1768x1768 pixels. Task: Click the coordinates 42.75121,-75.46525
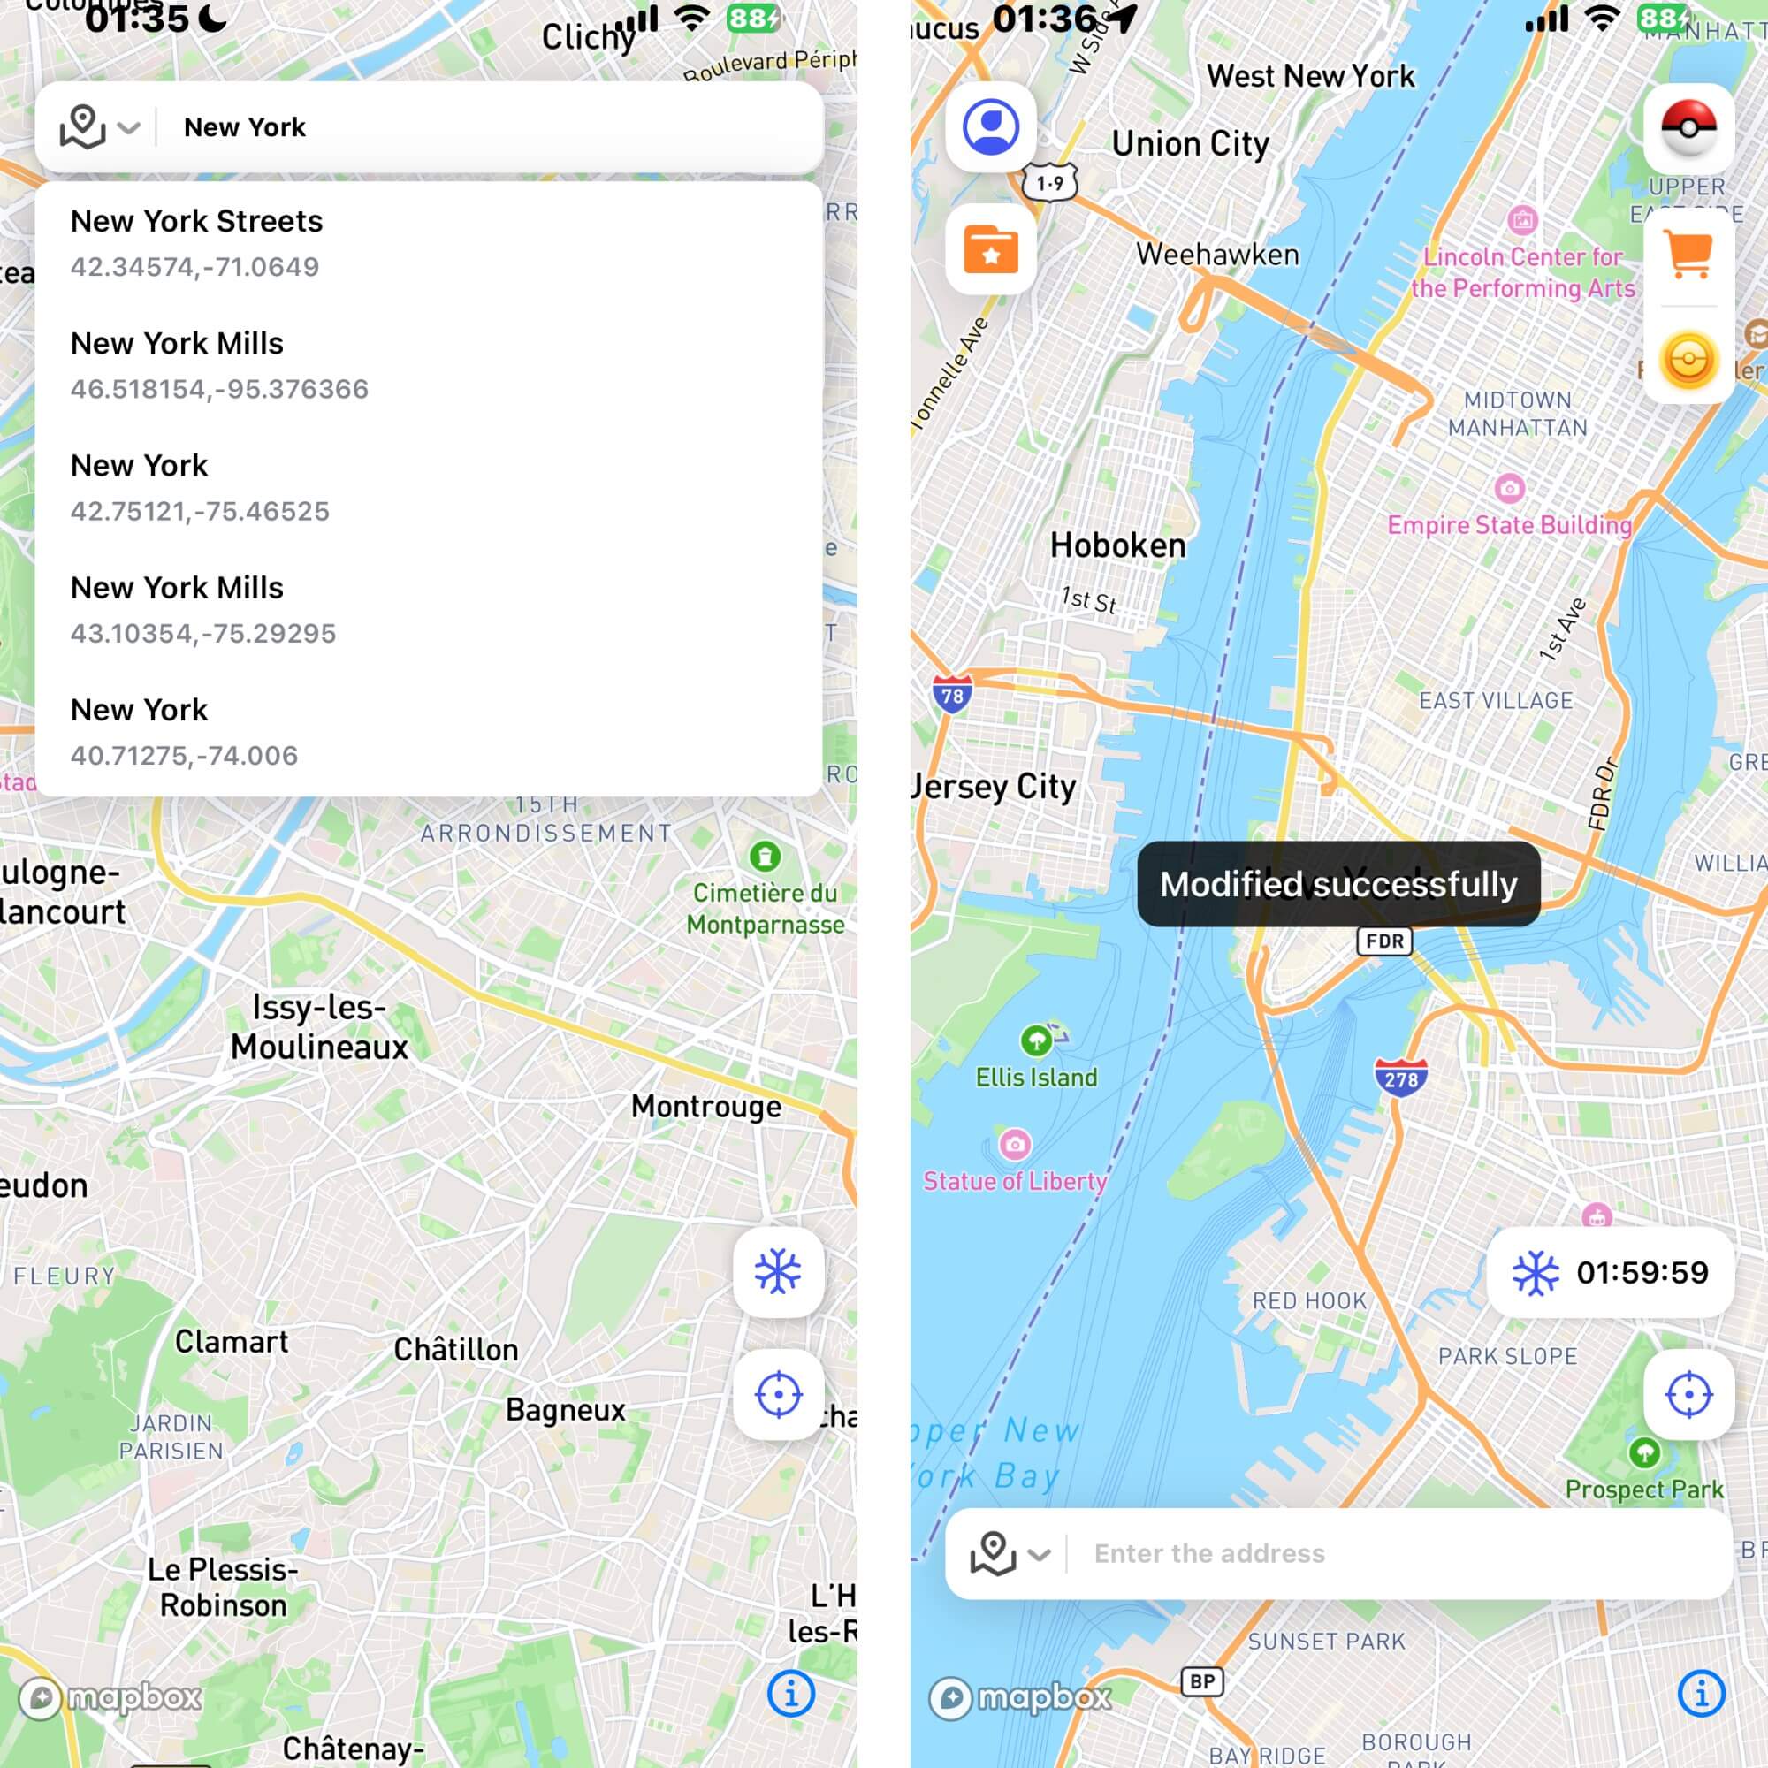[x=200, y=511]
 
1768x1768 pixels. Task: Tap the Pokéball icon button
[x=1688, y=126]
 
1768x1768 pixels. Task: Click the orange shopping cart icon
[x=1688, y=253]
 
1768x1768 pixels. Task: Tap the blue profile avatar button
[x=990, y=126]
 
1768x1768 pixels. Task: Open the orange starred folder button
[x=990, y=249]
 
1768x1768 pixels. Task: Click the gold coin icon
[x=1688, y=360]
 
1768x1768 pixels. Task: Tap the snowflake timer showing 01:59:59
[x=1611, y=1272]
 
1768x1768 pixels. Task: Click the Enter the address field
[x=1373, y=1553]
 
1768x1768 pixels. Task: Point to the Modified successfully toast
[x=1337, y=884]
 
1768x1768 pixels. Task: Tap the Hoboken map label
[x=1117, y=545]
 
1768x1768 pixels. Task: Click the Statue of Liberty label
[x=1015, y=1180]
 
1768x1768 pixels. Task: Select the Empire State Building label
[x=1509, y=524]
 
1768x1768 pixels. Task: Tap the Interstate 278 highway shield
[x=1400, y=1078]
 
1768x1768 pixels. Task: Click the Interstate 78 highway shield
[x=952, y=696]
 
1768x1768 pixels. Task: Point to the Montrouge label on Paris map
[x=706, y=1107]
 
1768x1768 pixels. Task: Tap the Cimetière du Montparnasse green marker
[x=765, y=857]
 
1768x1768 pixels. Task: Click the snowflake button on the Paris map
[x=778, y=1272]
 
